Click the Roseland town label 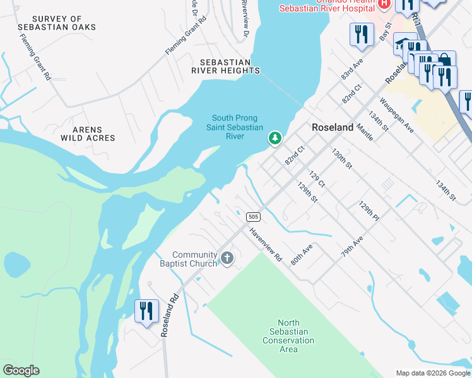coord(333,127)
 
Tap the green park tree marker coord(274,137)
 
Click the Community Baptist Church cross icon coord(227,258)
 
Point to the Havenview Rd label coord(265,244)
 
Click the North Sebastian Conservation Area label coord(288,340)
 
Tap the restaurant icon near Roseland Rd coord(146,312)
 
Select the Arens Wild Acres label coord(88,133)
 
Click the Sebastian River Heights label coord(230,67)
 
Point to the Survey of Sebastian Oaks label coord(65,23)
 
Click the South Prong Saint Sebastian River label coord(237,127)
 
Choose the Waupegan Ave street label coord(396,115)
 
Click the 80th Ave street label coord(302,255)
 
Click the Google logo coord(21,370)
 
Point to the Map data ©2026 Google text coord(432,373)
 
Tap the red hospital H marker coord(383,4)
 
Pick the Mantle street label coord(365,131)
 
